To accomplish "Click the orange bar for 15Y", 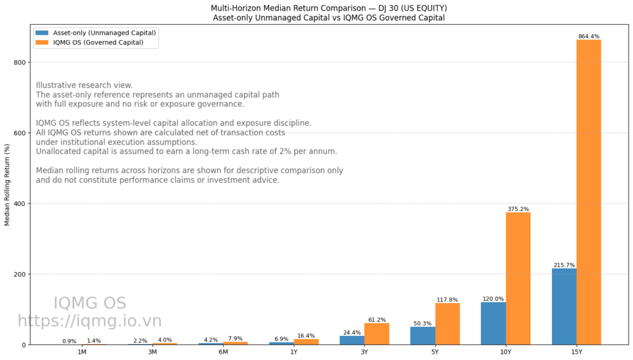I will point(588,192).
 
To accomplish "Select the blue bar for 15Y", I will point(564,306).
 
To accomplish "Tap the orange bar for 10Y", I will point(518,278).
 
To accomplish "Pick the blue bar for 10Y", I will point(493,323).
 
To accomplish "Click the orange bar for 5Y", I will point(448,324).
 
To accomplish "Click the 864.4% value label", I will point(588,36).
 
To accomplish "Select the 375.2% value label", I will point(518,209).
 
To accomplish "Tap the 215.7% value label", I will point(564,265).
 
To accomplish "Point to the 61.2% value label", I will point(376,320).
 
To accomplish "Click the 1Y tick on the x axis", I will point(294,352).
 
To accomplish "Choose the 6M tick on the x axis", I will point(223,352).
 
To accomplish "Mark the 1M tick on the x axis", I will point(82,352).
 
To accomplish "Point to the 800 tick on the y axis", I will point(20,62).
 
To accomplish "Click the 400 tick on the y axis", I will point(20,204).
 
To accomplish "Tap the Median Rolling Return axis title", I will point(7,186).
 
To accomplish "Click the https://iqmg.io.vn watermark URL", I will point(90,321).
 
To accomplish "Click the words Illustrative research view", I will point(84,85).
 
